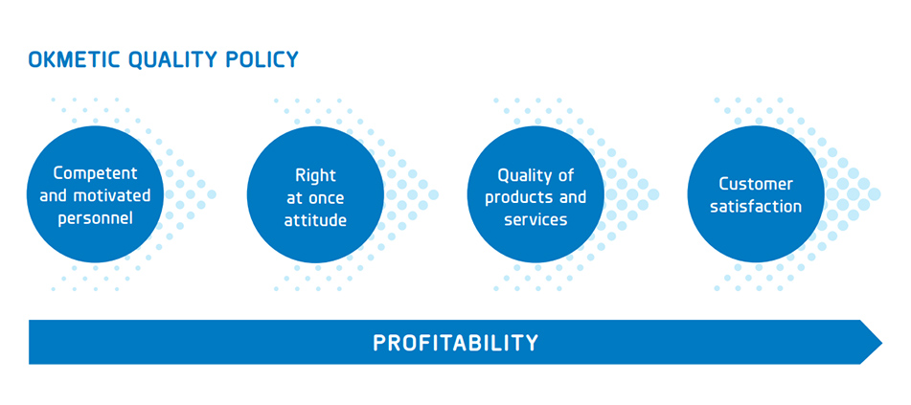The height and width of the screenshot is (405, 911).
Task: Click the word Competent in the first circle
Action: coord(95,173)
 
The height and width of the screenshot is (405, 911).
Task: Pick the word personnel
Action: coord(95,218)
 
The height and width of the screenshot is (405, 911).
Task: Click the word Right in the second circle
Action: coord(315,175)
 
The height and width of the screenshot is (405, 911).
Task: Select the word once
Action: coord(327,198)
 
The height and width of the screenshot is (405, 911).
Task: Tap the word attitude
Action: coord(315,221)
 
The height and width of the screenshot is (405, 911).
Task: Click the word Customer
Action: coord(756,184)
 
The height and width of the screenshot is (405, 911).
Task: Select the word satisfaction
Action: coord(756,207)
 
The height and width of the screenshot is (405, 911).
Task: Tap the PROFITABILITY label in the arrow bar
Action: coord(456,343)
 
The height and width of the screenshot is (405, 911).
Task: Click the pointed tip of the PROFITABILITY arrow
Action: coord(882,342)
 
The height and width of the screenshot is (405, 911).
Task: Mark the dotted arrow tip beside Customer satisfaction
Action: coord(874,194)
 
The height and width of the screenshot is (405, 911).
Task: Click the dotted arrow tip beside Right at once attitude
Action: coord(433,194)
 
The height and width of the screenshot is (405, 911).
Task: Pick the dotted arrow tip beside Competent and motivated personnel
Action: coord(212,194)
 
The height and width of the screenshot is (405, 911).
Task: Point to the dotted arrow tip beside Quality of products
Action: coord(653,194)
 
